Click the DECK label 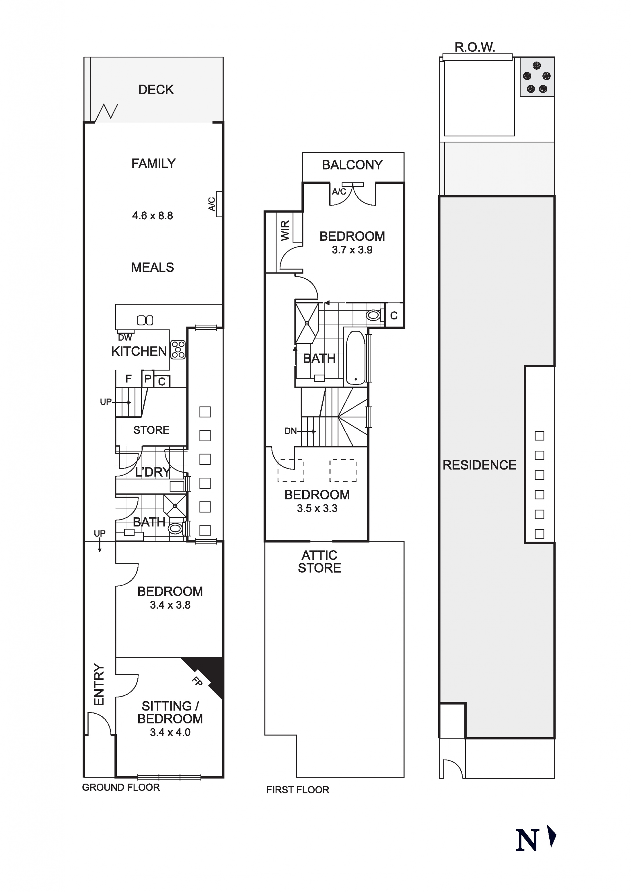point(156,90)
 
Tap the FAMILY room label point(154,163)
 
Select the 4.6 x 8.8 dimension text point(152,216)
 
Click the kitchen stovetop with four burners point(178,350)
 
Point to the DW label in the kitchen point(125,338)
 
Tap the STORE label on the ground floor point(151,430)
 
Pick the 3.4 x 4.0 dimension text point(170,732)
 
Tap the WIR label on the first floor point(285,231)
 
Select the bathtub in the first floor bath point(355,358)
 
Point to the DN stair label point(291,431)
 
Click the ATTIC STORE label point(319,562)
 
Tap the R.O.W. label point(475,47)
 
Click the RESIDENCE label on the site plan point(479,465)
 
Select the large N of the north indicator point(527,839)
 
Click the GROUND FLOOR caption point(121,787)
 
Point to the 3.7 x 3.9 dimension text point(352,250)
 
